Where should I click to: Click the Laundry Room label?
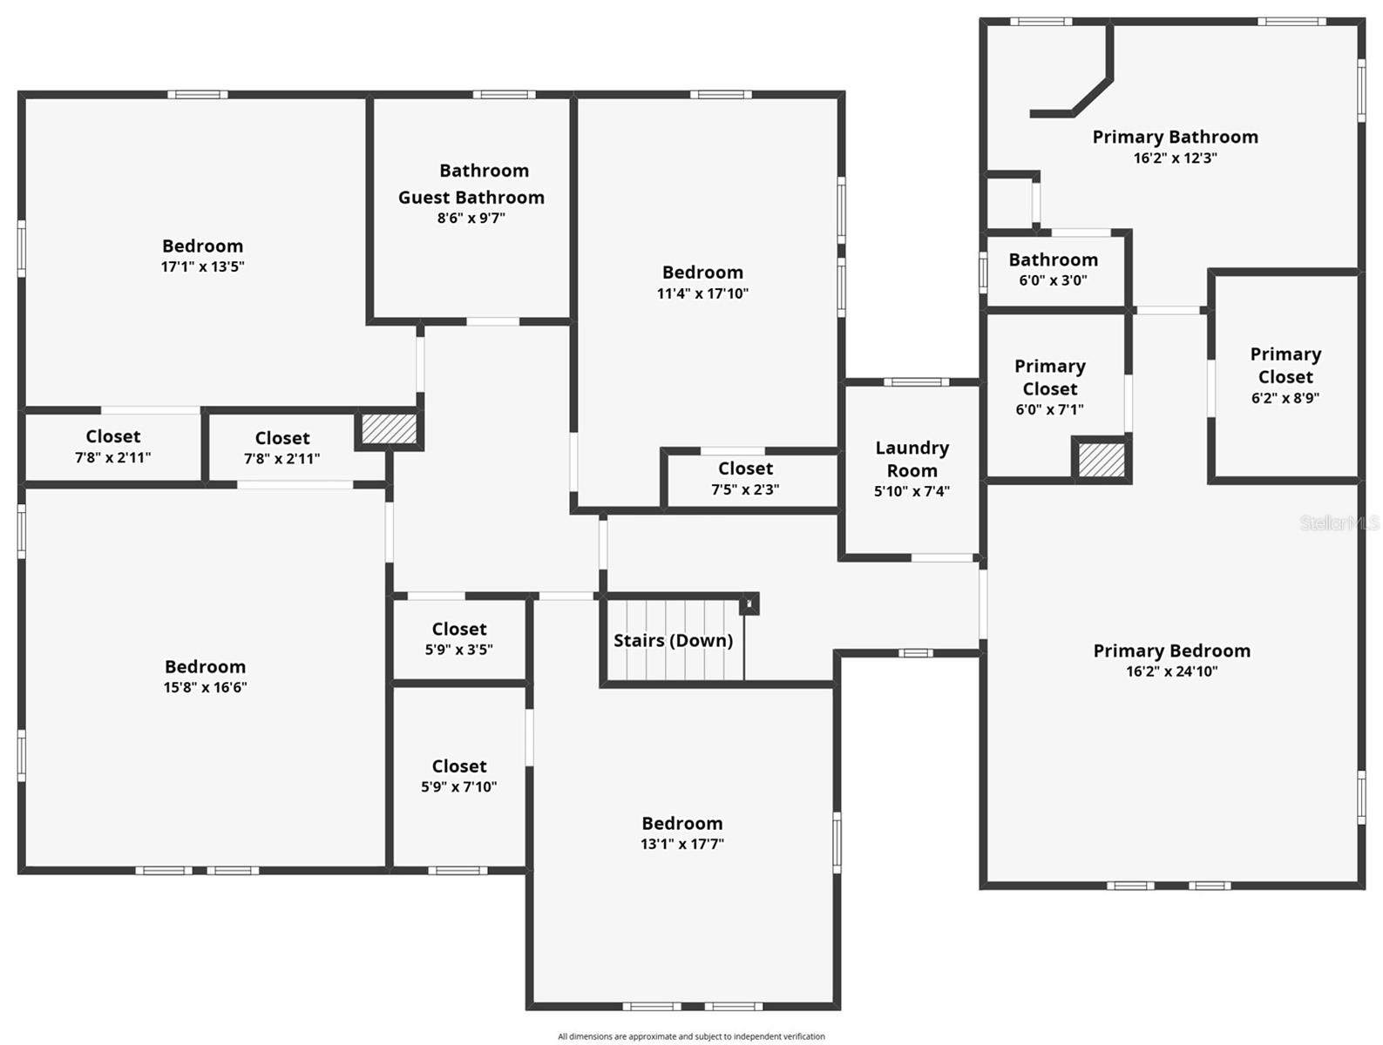(x=912, y=459)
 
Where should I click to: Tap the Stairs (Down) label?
(x=673, y=641)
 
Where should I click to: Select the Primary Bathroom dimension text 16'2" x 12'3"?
(x=1175, y=158)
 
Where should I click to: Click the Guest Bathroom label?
(x=471, y=198)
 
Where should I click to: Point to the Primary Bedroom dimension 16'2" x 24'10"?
(x=1171, y=671)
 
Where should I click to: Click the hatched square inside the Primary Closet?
(x=1102, y=460)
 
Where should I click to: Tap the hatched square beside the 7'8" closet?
(x=389, y=428)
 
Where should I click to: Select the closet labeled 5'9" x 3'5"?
(x=459, y=638)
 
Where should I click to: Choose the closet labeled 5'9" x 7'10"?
(x=459, y=776)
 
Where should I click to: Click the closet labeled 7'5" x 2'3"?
(x=745, y=479)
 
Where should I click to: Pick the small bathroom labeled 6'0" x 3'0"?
(x=1053, y=269)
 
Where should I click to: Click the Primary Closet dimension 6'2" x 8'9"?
(x=1285, y=398)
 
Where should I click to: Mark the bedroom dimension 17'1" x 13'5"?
(x=202, y=267)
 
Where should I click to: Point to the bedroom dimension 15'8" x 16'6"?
(x=205, y=688)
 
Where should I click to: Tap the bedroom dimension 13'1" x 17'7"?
(x=681, y=844)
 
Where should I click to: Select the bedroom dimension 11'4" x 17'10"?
(x=702, y=293)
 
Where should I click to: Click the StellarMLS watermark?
(x=1339, y=522)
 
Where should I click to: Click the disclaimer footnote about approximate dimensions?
(x=691, y=1036)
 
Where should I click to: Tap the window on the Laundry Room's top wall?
(x=916, y=381)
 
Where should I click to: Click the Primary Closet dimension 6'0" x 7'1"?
(x=1049, y=409)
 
